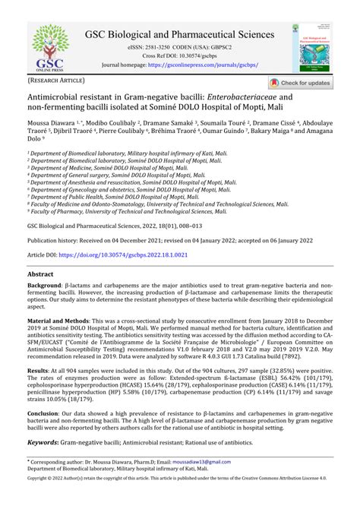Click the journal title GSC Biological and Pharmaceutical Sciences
pos(179,34)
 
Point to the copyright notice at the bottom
pos(179,500)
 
